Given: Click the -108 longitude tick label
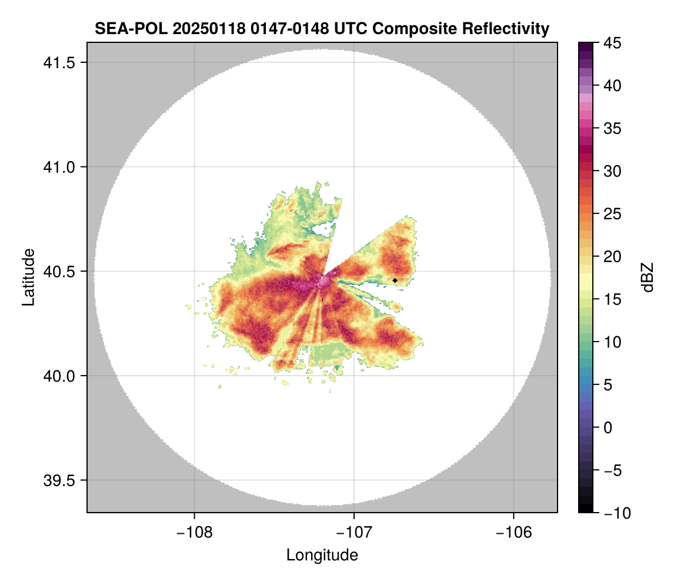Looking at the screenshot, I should point(194,532).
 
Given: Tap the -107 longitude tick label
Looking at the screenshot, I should point(354,532).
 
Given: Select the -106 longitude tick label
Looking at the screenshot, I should point(514,532).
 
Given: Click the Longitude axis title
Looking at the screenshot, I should point(322,555).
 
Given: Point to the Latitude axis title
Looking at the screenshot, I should point(28,277).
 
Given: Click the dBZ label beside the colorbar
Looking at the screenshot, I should point(648,277).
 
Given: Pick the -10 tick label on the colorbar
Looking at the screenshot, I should point(617,513).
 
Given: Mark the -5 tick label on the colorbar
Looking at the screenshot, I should point(614,470).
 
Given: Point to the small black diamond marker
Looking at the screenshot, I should point(395,280).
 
